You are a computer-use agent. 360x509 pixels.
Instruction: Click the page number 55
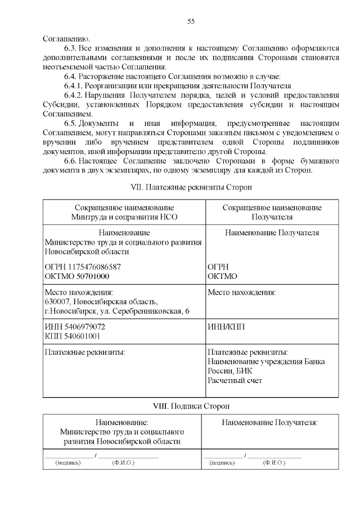click(191, 22)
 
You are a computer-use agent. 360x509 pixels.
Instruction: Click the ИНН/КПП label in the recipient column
click(226, 327)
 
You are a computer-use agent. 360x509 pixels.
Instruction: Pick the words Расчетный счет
click(235, 381)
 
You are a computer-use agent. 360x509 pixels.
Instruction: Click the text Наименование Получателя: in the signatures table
click(270, 422)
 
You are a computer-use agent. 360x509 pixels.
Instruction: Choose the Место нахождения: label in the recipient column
click(242, 292)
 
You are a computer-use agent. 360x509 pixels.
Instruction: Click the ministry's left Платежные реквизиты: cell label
click(84, 352)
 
